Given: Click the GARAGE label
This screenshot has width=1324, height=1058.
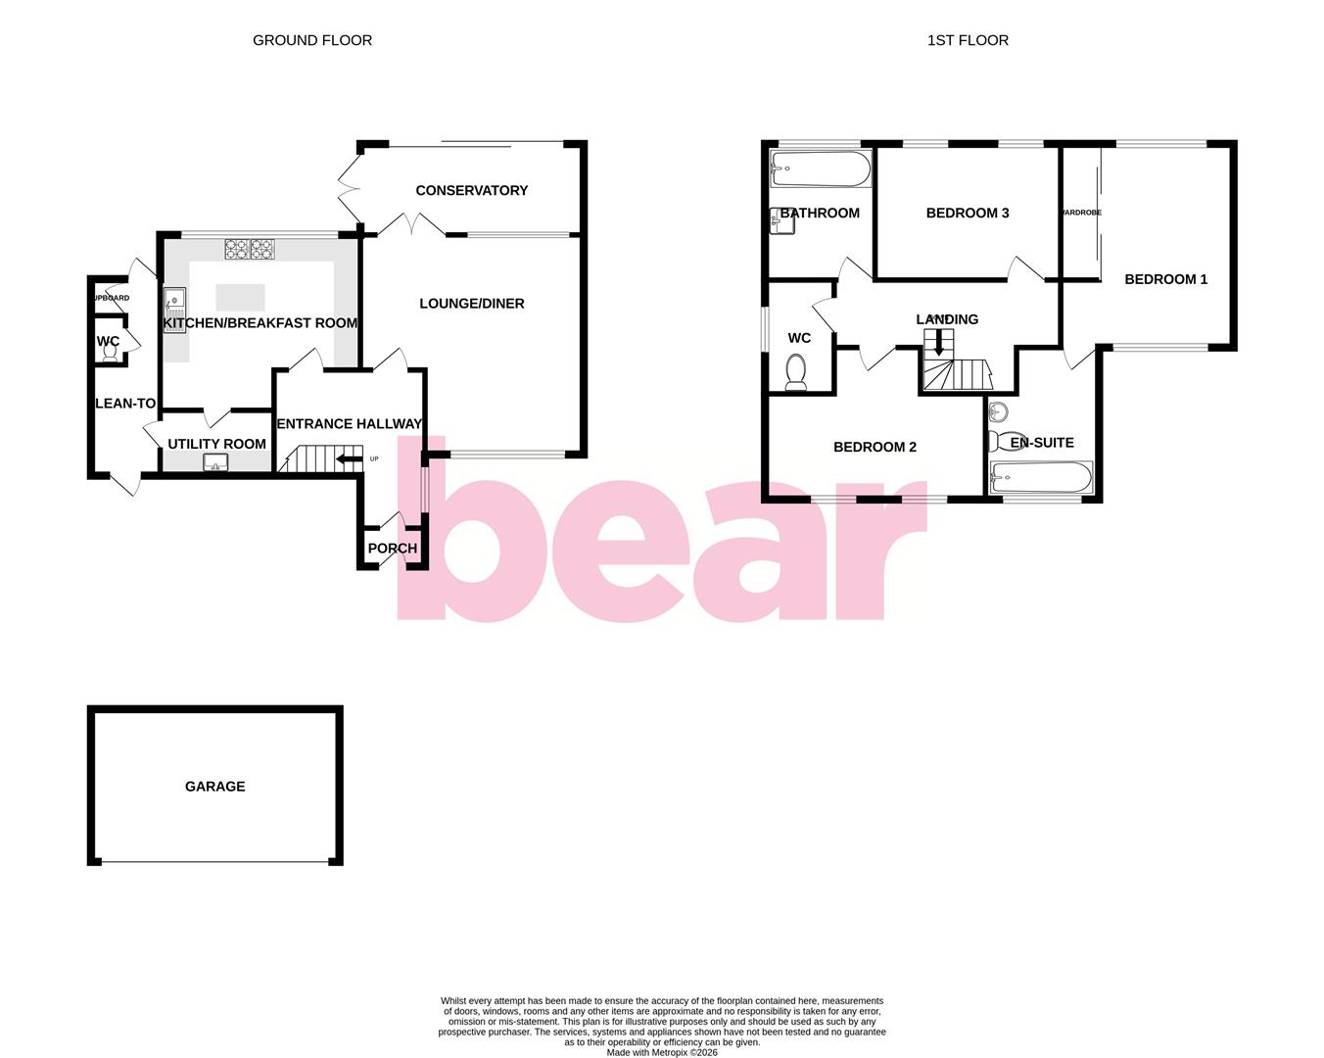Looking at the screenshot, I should point(214,786).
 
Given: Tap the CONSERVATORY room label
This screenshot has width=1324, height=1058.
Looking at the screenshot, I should point(471,190).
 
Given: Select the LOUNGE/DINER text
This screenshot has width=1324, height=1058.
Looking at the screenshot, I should point(471,304).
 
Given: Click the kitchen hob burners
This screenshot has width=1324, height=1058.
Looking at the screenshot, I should point(249,250).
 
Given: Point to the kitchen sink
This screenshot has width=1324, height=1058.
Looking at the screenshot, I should point(175,298).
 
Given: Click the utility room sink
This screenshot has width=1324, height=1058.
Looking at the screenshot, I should point(216,462).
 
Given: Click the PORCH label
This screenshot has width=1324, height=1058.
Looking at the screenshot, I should point(392,549).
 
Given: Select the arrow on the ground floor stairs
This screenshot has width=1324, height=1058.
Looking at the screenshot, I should point(347,458).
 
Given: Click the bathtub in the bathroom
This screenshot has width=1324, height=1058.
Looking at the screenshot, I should point(820,168).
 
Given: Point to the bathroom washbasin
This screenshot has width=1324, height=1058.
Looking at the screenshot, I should point(780,222).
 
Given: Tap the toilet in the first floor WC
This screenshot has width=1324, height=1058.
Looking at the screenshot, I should point(796,373).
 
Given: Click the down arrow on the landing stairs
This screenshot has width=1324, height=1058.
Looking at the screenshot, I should point(939,341).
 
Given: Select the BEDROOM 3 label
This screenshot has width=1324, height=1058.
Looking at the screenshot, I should point(968,213).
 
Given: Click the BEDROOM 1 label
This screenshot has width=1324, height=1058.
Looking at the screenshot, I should point(1165,279).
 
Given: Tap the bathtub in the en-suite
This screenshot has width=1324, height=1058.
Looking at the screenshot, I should point(1040,478).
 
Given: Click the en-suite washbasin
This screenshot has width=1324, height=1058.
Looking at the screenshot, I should point(999,410).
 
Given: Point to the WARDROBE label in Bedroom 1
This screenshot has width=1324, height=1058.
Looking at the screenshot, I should point(1081,213).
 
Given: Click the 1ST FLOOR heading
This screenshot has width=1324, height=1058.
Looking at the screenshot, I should point(968,40).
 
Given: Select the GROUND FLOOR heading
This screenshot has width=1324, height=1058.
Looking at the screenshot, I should point(312,40).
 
